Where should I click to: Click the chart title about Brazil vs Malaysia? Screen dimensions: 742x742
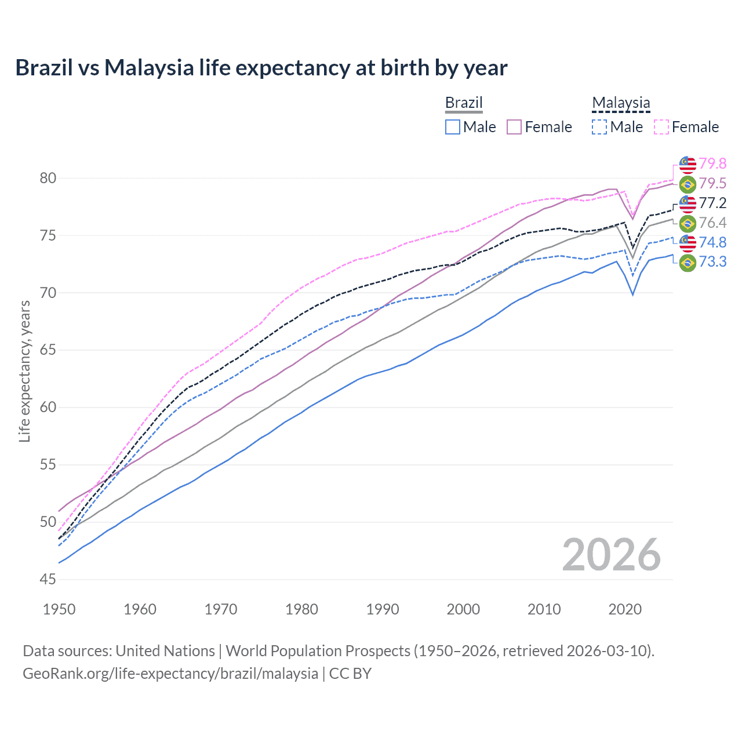tap(261, 68)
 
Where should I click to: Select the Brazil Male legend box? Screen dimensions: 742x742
tap(453, 127)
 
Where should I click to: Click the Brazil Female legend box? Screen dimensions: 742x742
tap(515, 127)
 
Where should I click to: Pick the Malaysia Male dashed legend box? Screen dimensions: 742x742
tap(599, 127)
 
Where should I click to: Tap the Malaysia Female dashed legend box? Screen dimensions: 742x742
tap(661, 127)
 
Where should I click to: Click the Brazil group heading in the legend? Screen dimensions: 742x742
tap(464, 103)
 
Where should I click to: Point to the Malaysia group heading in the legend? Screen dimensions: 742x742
tap(621, 103)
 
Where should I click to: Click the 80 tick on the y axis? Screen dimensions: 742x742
tap(48, 179)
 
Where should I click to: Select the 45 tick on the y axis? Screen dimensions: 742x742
tap(48, 579)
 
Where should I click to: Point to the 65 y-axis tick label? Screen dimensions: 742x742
tap(48, 350)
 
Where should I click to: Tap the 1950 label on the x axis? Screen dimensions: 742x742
tap(59, 609)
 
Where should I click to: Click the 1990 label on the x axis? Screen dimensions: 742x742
tap(383, 609)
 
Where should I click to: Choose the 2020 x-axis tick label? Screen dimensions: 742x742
tap(625, 609)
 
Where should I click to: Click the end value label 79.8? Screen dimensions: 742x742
tap(712, 164)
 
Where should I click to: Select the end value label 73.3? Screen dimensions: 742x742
tap(712, 262)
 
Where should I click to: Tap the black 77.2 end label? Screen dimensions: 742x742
tap(712, 203)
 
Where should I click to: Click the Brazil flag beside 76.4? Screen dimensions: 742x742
tap(688, 223)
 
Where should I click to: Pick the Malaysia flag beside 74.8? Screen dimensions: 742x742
tap(688, 243)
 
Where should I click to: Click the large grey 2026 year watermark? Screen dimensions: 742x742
tap(612, 555)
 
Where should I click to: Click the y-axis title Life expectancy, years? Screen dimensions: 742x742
tap(24, 371)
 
